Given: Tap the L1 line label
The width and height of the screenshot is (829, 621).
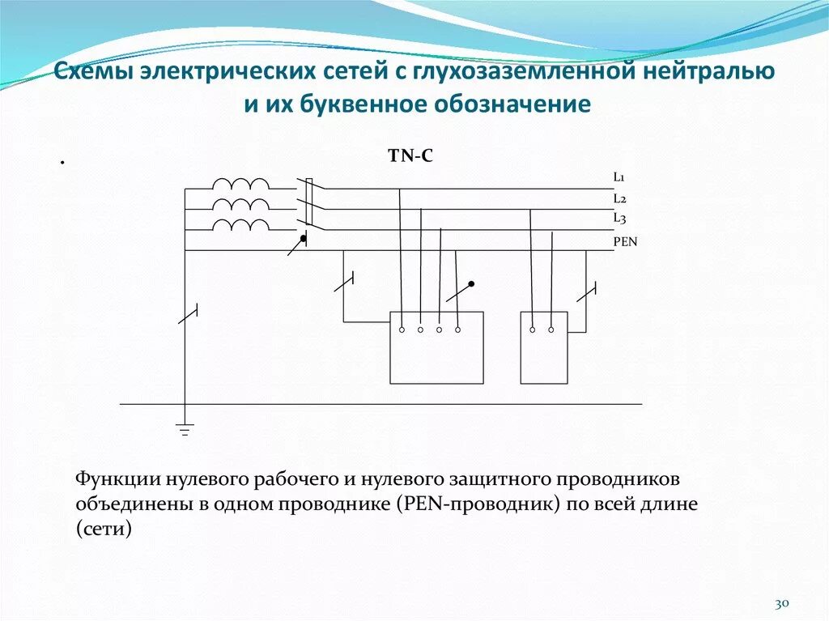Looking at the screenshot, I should tap(619, 177).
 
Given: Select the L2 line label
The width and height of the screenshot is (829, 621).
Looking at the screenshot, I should tap(619, 198).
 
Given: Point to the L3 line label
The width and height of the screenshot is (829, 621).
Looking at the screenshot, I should tap(619, 218).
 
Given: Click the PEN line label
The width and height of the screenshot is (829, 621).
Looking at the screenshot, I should tap(625, 241).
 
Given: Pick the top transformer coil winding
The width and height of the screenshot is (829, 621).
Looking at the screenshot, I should tap(240, 184).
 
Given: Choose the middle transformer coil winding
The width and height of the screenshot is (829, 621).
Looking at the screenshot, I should tap(240, 204).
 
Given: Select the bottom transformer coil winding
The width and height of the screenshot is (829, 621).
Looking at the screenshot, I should tap(240, 224).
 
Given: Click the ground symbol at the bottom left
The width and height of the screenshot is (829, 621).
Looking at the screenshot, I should tap(185, 429).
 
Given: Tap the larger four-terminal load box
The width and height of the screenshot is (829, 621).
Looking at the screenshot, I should tap(436, 348).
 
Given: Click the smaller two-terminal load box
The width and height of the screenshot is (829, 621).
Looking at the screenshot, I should tap(543, 348).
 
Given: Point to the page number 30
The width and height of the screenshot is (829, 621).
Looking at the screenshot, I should tap(782, 604).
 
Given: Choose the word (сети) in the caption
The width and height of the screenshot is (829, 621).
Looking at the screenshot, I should tap(103, 530).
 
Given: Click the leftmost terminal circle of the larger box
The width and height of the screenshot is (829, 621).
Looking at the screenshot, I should tap(402, 330).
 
